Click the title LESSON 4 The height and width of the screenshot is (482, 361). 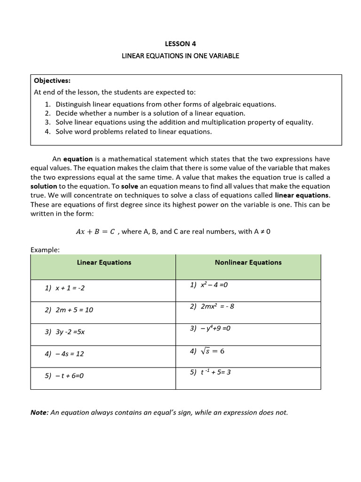(x=180, y=44)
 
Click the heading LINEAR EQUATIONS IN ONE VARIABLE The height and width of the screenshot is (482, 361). (x=180, y=56)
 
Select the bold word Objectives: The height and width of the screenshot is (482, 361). (x=52, y=80)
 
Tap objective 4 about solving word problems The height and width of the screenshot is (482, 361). (x=133, y=132)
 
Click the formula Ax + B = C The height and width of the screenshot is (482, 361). (x=95, y=232)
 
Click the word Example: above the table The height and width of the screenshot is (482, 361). (x=45, y=250)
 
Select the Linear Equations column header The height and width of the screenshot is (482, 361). (x=104, y=263)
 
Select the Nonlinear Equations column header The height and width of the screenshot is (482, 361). (x=248, y=263)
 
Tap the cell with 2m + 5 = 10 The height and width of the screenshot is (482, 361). (x=69, y=310)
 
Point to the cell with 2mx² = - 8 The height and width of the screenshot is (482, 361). (x=212, y=306)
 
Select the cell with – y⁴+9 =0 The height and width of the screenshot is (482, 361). (x=210, y=328)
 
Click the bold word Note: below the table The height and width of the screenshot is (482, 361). (x=39, y=413)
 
